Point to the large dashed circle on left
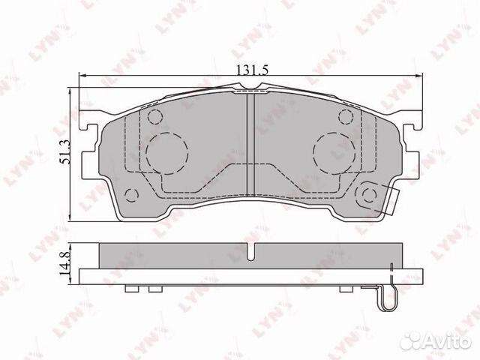coord(169,153)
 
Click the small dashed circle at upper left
coord(155,117)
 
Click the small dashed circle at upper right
coord(346,117)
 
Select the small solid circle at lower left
coord(132,196)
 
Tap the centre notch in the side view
coord(253,253)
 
